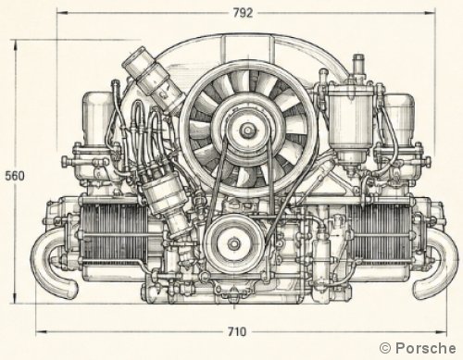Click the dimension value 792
coord(243,13)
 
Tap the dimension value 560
coord(15,176)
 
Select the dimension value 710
coord(237,332)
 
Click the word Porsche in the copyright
coord(425,348)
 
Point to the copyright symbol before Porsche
coord(385,348)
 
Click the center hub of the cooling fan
coord(247,130)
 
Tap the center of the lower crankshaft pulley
coord(234,243)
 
